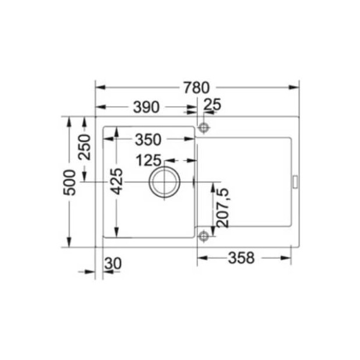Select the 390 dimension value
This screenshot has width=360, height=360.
click(x=146, y=107)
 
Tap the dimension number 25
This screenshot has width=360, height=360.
click(x=213, y=105)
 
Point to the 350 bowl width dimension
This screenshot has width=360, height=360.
click(x=147, y=140)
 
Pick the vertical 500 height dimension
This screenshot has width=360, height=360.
click(x=70, y=182)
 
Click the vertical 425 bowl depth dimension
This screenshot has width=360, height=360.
click(x=117, y=181)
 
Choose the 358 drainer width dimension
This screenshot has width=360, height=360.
click(x=241, y=258)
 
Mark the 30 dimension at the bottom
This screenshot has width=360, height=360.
click(x=114, y=264)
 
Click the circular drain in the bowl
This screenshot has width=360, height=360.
click(x=164, y=181)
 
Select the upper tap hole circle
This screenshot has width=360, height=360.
click(x=203, y=128)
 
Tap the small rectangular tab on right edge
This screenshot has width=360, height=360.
click(x=294, y=181)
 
